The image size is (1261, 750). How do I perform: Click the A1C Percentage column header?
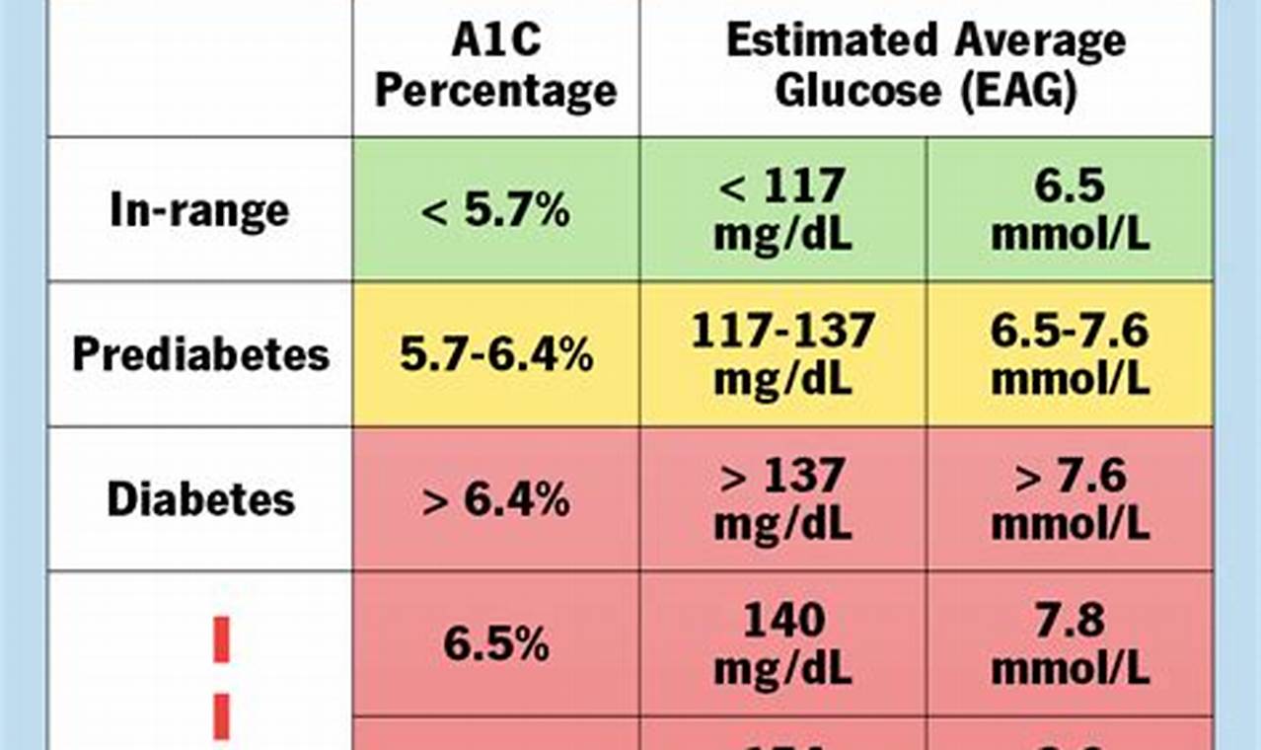coord(495,67)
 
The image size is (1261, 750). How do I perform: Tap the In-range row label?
coord(199,210)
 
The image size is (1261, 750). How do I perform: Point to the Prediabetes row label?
coord(200,354)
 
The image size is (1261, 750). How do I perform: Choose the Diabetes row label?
coord(200,499)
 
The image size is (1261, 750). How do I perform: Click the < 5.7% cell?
coord(495,210)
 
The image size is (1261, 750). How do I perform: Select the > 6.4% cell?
coord(495,499)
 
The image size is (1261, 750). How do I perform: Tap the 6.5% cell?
coord(495,644)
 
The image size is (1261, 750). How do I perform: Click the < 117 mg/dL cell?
coord(782,209)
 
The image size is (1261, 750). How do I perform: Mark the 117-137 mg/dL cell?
coord(782,354)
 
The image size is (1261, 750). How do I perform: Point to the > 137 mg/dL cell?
coord(782,499)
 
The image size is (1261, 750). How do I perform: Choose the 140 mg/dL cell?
coord(782,644)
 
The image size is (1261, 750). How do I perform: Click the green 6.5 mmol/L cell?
coord(1070,209)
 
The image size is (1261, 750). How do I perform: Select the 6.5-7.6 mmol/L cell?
coord(1070,354)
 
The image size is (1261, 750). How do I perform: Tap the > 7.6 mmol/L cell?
coord(1070,499)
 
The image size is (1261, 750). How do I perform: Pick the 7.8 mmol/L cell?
coord(1070,644)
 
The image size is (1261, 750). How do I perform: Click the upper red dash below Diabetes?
coord(221,639)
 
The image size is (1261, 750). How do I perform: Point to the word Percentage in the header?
coord(495,91)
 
